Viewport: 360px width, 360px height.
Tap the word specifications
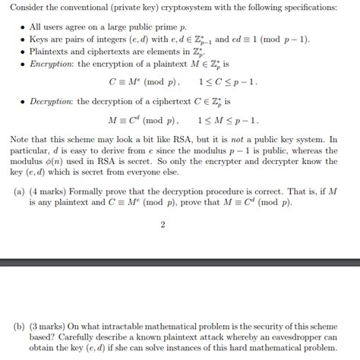316,7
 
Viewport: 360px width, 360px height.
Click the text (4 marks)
52,191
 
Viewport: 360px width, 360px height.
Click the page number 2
163,225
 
